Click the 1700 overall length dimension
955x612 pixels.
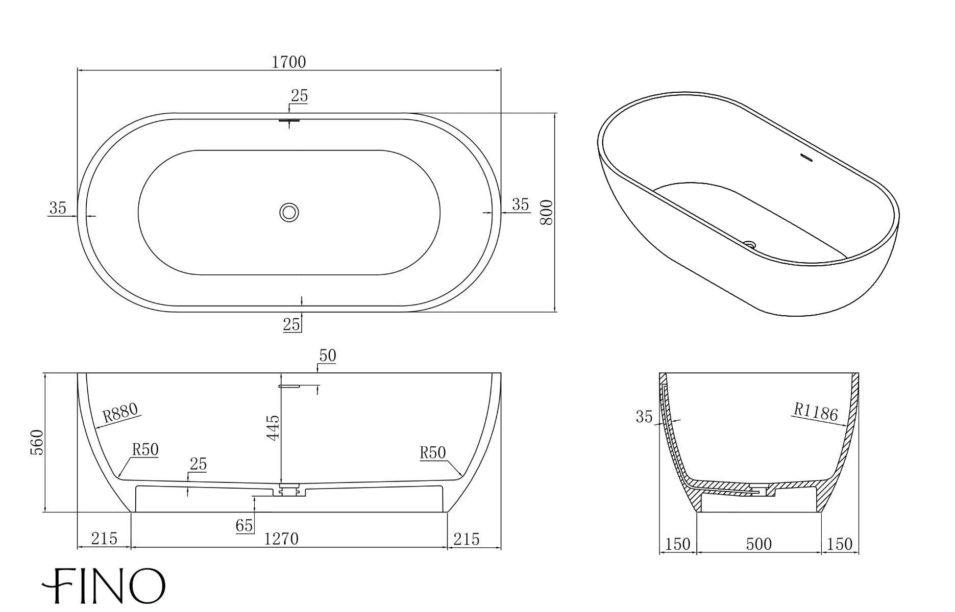288,62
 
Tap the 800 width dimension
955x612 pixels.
546,212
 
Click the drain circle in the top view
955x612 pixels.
289,212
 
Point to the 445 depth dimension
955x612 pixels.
273,427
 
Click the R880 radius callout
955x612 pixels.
120,412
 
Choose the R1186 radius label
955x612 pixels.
816,412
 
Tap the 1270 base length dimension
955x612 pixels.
281,539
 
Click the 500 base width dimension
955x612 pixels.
758,544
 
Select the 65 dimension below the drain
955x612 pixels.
244,525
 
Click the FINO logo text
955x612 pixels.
104,585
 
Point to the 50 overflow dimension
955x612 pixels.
327,356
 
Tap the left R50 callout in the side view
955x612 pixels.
145,450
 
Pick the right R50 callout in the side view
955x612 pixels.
432,453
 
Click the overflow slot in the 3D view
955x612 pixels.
805,158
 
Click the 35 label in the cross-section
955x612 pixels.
644,417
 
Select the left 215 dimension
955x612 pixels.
104,539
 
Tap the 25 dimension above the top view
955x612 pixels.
299,96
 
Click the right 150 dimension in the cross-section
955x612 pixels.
840,544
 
